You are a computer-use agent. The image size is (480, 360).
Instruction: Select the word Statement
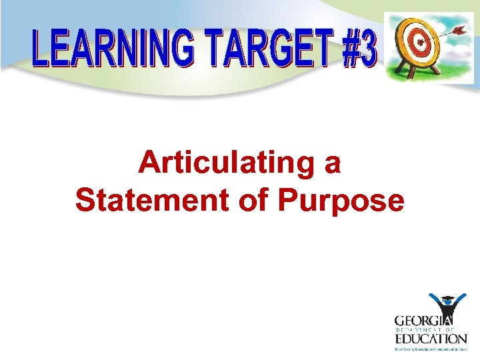click(x=152, y=199)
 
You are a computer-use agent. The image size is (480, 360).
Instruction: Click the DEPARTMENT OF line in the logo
click(x=431, y=329)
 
